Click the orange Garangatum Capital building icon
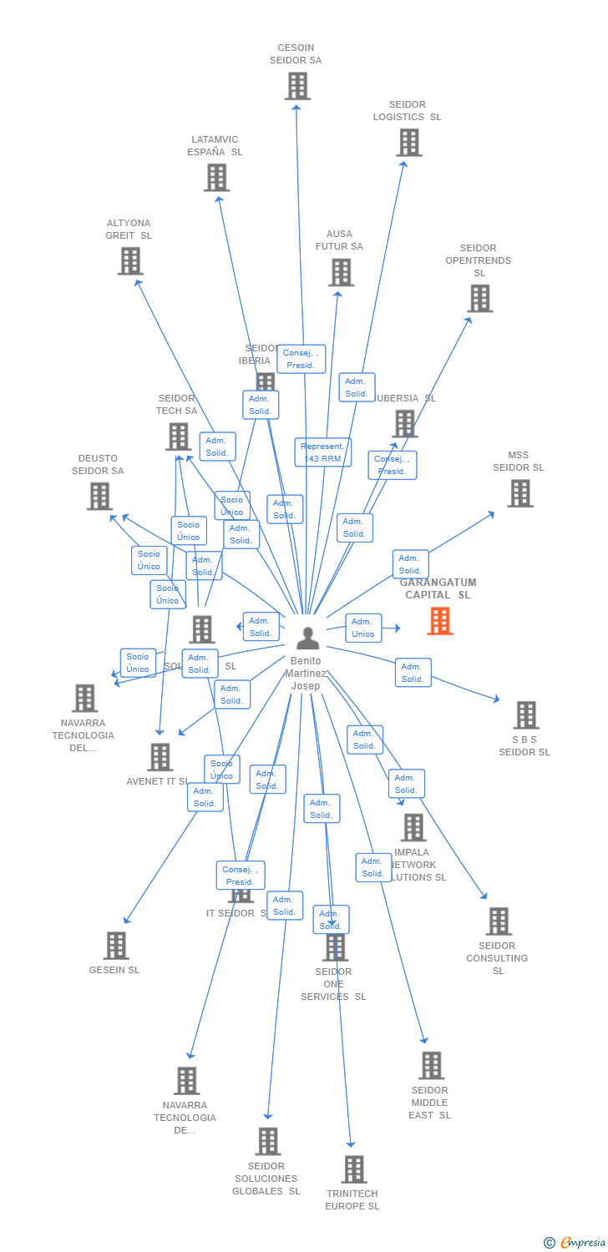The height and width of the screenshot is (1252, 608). click(440, 621)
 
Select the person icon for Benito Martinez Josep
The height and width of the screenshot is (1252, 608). click(308, 639)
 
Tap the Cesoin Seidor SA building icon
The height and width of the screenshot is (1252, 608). click(297, 86)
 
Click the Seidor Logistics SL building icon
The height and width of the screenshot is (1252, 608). click(408, 143)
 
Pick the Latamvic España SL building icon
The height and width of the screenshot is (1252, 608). click(216, 178)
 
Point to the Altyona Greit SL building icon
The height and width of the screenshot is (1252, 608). click(129, 261)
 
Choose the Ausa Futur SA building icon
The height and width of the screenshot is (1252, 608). click(341, 272)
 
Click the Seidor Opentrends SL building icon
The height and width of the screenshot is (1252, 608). click(479, 298)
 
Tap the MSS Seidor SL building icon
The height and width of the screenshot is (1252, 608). click(519, 493)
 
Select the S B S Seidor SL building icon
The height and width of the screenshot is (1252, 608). click(525, 715)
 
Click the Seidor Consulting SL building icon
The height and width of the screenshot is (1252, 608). click(498, 921)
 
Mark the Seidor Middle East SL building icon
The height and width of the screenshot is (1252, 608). click(431, 1066)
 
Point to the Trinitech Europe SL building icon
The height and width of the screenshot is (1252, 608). click(353, 1169)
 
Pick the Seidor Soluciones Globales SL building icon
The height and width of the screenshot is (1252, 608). click(267, 1141)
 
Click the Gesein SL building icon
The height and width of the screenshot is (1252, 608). click(115, 946)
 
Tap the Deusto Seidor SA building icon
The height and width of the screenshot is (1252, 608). click(99, 497)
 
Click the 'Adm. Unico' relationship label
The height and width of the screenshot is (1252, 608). click(363, 628)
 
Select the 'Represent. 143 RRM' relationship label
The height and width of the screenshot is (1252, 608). click(322, 452)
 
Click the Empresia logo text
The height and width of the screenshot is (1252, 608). click(582, 1243)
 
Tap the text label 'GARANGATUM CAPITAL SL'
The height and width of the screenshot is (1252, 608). click(438, 588)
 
